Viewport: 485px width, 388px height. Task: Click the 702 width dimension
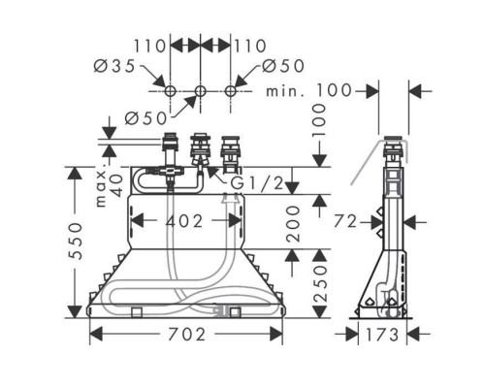(x=186, y=335)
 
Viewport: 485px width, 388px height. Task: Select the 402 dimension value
(x=184, y=221)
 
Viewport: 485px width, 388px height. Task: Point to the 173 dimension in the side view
(x=382, y=335)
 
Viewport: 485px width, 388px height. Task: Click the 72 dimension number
(x=345, y=222)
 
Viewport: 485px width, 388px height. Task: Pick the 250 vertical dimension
(x=320, y=284)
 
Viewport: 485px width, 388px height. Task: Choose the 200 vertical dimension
(x=293, y=224)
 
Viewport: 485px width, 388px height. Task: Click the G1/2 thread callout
(x=257, y=183)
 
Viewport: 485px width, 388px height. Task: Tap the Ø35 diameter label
(x=114, y=66)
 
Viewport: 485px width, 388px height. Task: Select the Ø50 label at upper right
(x=283, y=66)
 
